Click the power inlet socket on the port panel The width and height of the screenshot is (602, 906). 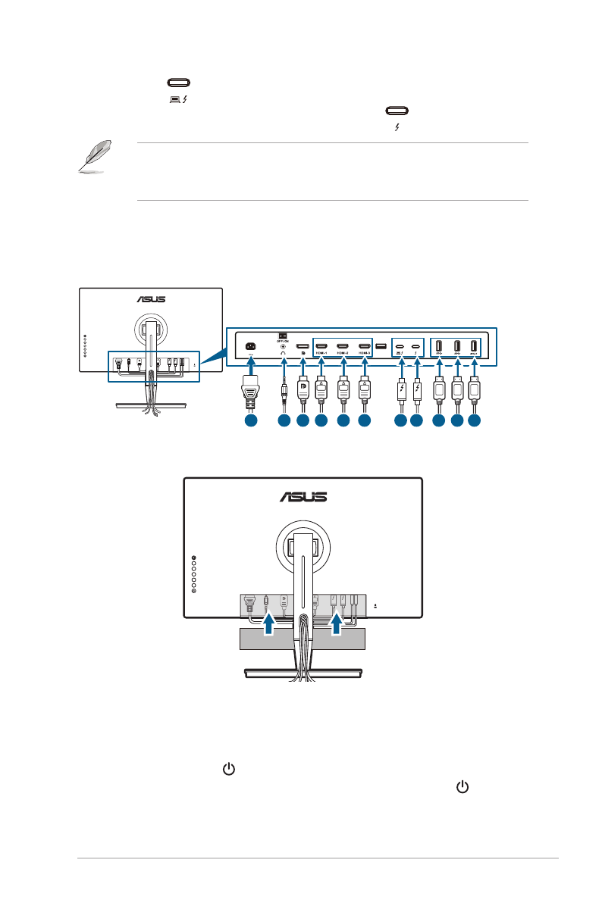pyautogui.click(x=249, y=348)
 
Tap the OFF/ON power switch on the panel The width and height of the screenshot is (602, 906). pyautogui.click(x=283, y=336)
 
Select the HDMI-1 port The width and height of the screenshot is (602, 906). pyautogui.click(x=321, y=348)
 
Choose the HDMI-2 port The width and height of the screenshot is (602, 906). pyautogui.click(x=343, y=348)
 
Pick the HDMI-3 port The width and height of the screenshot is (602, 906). pyautogui.click(x=365, y=348)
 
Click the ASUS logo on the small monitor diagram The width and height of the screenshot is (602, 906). pyautogui.click(x=150, y=299)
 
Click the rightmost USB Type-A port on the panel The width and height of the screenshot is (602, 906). pyautogui.click(x=475, y=348)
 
